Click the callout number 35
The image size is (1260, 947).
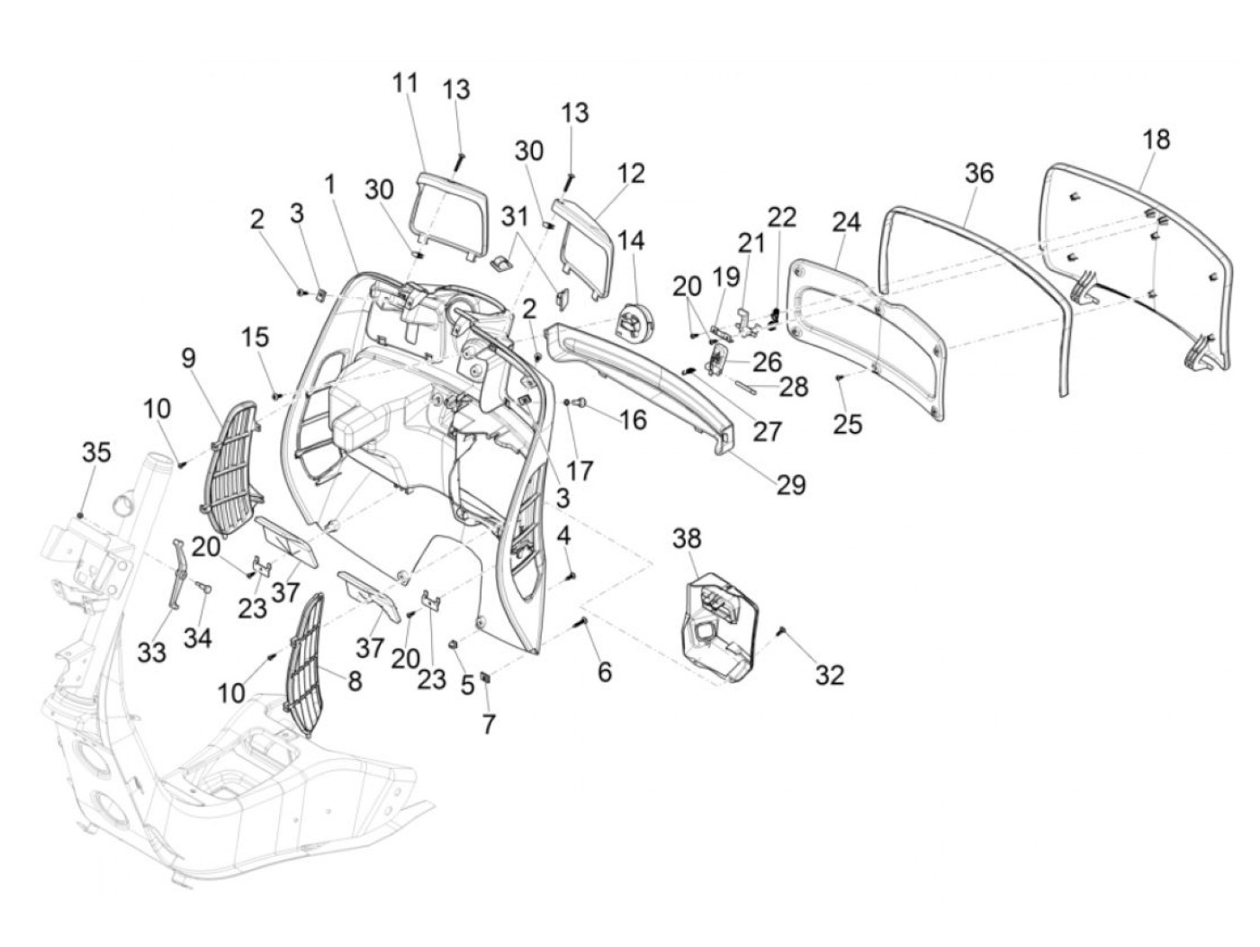(x=96, y=452)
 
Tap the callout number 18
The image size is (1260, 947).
(x=1156, y=140)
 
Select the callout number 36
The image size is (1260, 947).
(x=979, y=172)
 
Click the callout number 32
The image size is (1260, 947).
(x=830, y=674)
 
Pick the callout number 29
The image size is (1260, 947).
(x=791, y=485)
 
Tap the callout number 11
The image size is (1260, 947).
(x=406, y=83)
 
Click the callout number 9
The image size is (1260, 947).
(x=187, y=358)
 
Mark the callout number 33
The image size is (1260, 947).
(x=152, y=652)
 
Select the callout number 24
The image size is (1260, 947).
(x=846, y=221)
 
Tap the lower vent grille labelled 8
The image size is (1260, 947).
(x=310, y=653)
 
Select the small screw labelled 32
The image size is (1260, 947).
(x=781, y=635)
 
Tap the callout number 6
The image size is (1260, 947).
(x=604, y=671)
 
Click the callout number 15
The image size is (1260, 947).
(x=255, y=338)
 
